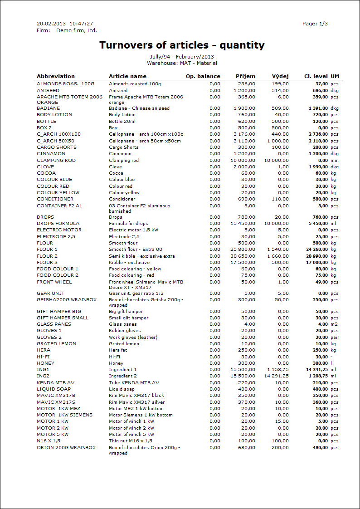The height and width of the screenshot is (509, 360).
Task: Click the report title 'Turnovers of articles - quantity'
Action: click(x=182, y=45)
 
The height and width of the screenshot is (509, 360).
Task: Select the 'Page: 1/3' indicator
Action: click(x=315, y=24)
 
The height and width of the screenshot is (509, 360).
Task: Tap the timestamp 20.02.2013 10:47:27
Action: click(x=65, y=24)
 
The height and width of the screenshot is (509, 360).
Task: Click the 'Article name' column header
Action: click(x=127, y=76)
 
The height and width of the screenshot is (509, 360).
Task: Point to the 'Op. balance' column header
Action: click(x=203, y=76)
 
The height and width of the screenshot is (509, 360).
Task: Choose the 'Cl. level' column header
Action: click(x=316, y=76)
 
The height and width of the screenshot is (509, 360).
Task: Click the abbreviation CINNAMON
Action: click(x=51, y=154)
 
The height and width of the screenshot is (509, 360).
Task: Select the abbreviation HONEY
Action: click(x=45, y=363)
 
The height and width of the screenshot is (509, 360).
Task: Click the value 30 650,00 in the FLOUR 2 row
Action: click(x=243, y=256)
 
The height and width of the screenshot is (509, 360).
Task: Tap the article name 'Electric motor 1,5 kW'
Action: click(x=133, y=230)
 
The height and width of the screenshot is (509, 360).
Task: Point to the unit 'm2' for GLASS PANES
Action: click(x=334, y=324)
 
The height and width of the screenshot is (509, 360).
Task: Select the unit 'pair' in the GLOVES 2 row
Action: click(x=335, y=338)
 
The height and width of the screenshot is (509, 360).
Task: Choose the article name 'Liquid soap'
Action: click(x=122, y=389)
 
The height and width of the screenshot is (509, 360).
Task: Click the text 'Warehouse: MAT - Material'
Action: click(x=182, y=63)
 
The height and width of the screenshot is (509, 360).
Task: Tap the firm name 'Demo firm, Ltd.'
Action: click(x=77, y=30)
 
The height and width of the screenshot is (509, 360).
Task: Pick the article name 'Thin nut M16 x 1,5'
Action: click(x=131, y=441)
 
